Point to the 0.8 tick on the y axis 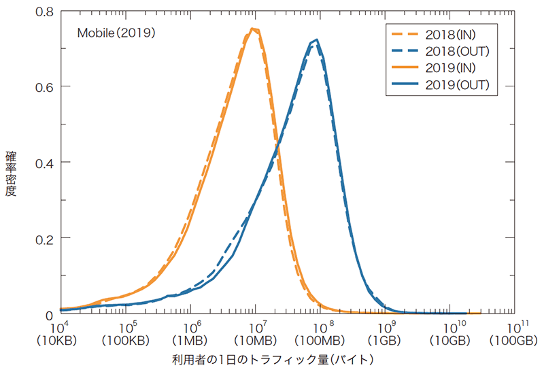[44, 12]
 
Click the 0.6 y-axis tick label [44, 87]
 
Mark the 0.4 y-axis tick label [44, 163]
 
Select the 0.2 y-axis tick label [44, 239]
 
